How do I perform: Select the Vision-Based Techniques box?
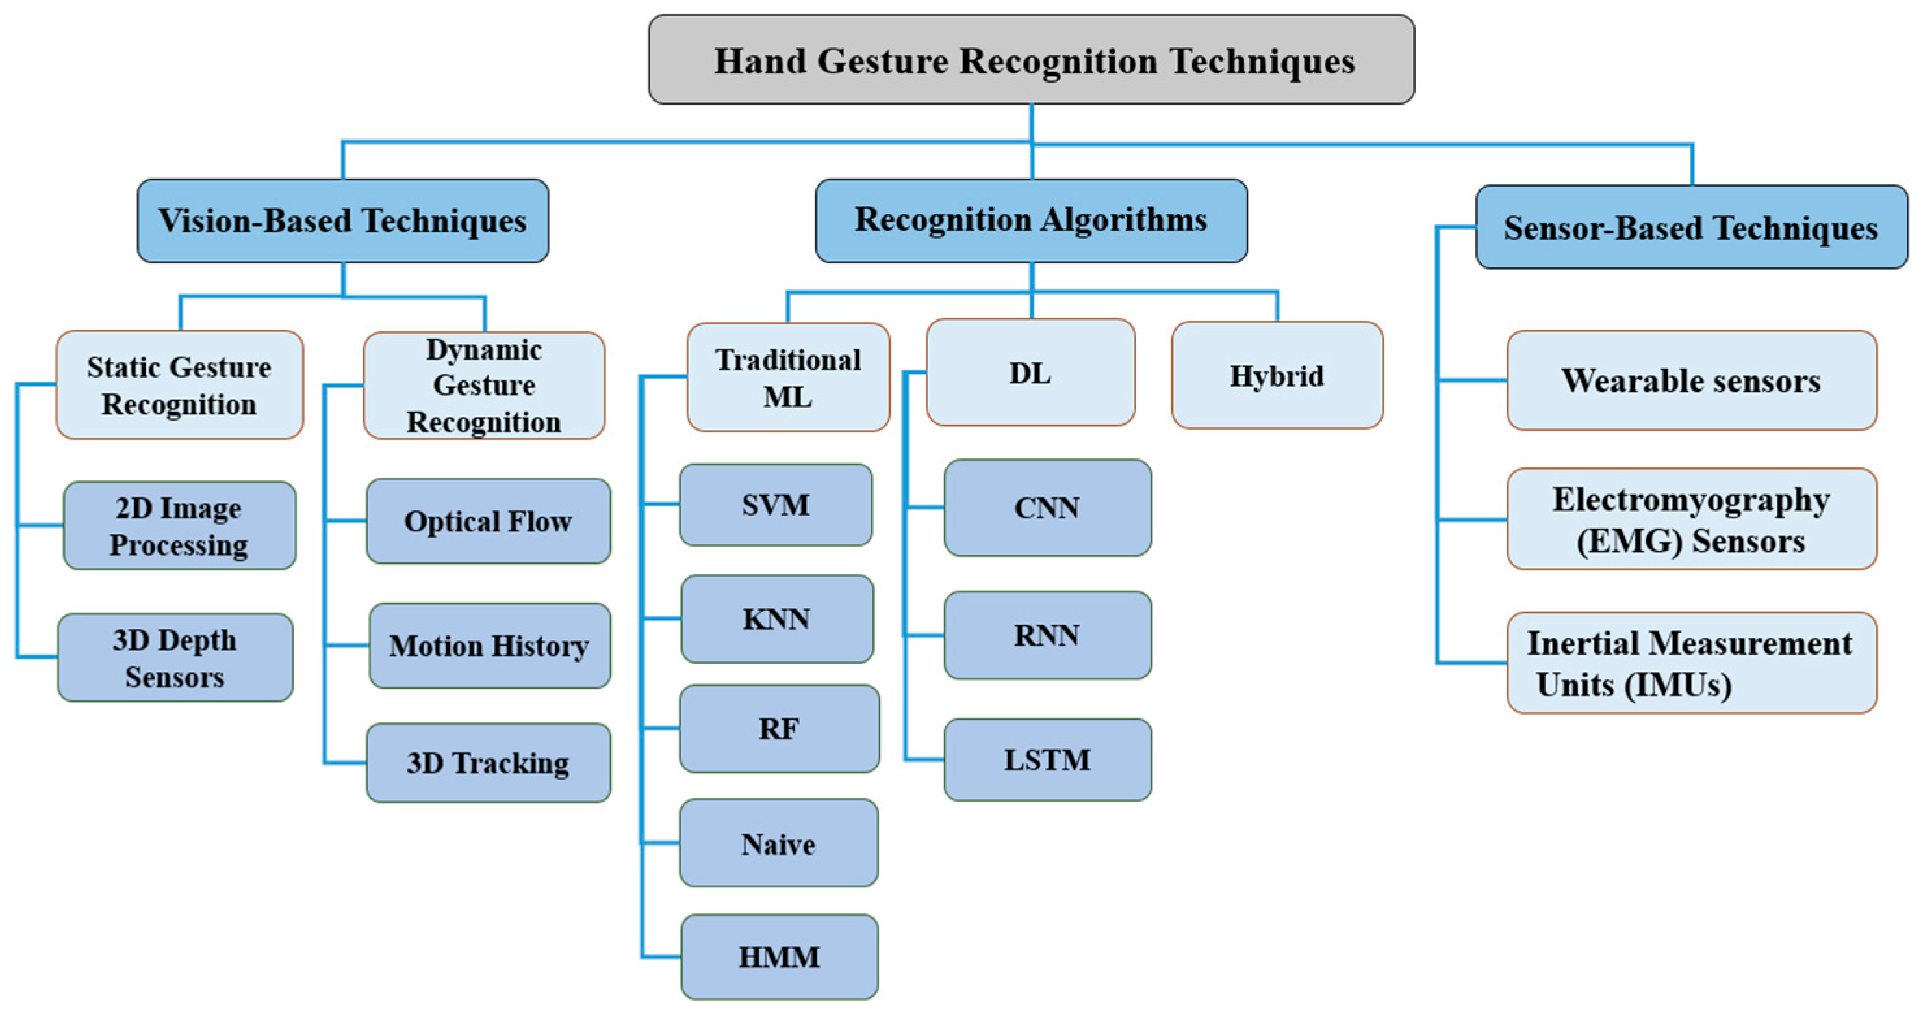click(343, 221)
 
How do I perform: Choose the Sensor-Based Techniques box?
click(1690, 228)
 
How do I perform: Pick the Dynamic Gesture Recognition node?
click(484, 386)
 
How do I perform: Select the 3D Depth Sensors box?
click(175, 658)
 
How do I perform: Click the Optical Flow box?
click(489, 521)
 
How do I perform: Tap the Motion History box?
click(489, 646)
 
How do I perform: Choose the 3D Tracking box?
click(489, 763)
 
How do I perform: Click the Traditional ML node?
click(788, 378)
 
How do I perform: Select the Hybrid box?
click(1277, 375)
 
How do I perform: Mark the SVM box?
click(776, 505)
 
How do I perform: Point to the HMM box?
click(780, 957)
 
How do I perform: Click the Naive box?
click(778, 844)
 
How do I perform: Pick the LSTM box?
click(1047, 760)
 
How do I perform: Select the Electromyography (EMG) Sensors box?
click(1690, 520)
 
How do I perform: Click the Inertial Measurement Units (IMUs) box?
click(1690, 663)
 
